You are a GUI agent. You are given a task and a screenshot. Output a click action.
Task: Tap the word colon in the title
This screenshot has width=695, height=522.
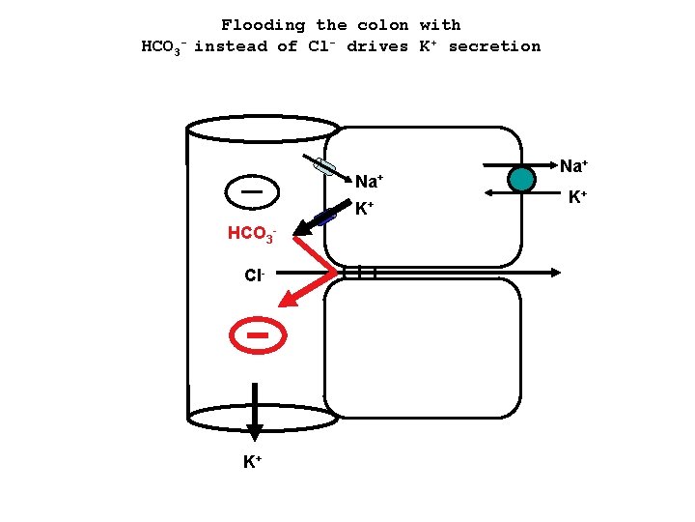(383, 25)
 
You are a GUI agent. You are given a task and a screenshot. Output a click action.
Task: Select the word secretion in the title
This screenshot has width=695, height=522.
(494, 46)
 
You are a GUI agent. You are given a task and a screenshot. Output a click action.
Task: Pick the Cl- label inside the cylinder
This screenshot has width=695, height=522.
(254, 275)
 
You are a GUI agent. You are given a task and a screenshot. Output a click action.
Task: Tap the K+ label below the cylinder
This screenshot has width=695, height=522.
(253, 462)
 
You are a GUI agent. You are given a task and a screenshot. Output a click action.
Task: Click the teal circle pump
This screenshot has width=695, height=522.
(521, 180)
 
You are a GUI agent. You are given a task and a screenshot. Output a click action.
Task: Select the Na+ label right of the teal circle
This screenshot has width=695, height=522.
(576, 167)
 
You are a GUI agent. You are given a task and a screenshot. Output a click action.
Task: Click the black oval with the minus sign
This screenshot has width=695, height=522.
(253, 190)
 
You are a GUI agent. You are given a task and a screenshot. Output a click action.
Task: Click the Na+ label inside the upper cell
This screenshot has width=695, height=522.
(370, 181)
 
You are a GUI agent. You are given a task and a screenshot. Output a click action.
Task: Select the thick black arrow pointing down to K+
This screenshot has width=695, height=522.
(255, 411)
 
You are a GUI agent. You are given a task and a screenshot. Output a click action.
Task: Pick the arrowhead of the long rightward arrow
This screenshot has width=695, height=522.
(554, 274)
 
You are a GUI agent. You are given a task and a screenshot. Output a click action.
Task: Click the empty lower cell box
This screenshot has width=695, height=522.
(422, 348)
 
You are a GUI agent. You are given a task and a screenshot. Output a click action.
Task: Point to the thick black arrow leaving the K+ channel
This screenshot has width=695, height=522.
(311, 225)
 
